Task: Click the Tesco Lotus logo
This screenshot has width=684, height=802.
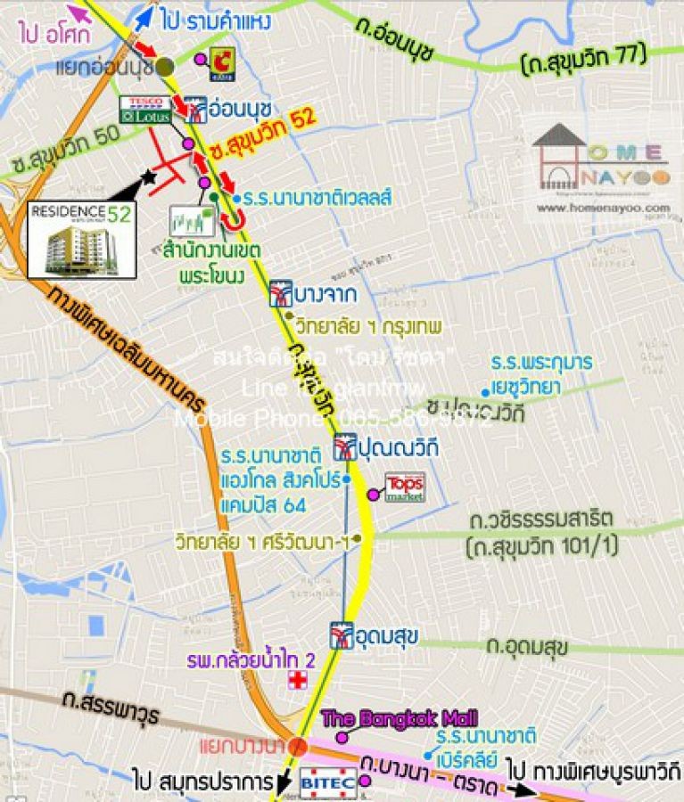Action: tap(145, 110)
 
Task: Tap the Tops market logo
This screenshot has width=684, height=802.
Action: tap(404, 487)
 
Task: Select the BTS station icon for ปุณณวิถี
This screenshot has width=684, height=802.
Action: tap(344, 446)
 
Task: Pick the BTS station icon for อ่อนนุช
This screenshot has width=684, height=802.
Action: tap(198, 109)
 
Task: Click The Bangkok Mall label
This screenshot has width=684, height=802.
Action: tap(399, 717)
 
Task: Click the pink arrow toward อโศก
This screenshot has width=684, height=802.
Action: tap(79, 13)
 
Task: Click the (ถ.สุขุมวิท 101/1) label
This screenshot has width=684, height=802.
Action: tap(540, 546)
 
